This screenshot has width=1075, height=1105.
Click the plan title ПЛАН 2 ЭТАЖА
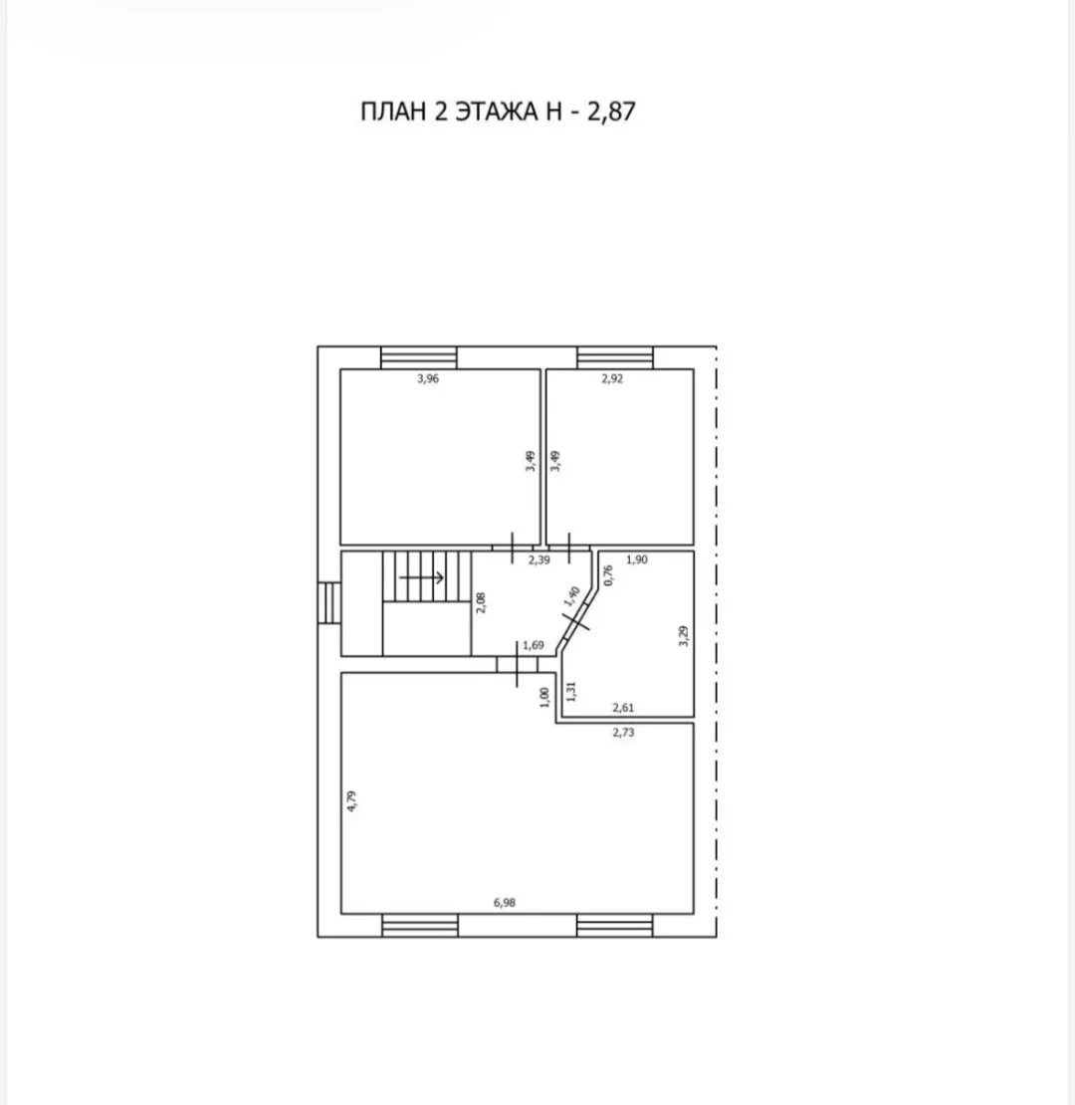pyautogui.click(x=450, y=111)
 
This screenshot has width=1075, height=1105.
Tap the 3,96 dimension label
pyautogui.click(x=428, y=378)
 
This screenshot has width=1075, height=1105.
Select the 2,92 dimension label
pyautogui.click(x=612, y=378)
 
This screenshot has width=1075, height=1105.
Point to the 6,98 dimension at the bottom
pyautogui.click(x=505, y=902)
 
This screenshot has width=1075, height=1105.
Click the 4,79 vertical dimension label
pyautogui.click(x=352, y=801)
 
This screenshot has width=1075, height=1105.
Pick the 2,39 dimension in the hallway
pyautogui.click(x=538, y=560)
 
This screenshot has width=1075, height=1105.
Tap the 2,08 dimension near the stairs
pyautogui.click(x=481, y=602)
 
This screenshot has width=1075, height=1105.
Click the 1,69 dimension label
pyautogui.click(x=534, y=645)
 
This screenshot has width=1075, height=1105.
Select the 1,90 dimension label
pyautogui.click(x=636, y=559)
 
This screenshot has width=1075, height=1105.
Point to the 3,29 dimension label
pyautogui.click(x=684, y=636)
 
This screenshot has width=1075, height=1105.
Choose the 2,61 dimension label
pyautogui.click(x=623, y=708)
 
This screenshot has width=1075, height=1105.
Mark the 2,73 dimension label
pyautogui.click(x=623, y=733)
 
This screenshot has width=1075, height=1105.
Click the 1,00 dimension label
pyautogui.click(x=543, y=698)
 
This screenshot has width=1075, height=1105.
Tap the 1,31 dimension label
pyautogui.click(x=571, y=691)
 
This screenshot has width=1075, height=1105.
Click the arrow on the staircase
pyautogui.click(x=422, y=577)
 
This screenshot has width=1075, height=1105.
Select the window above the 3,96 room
pyautogui.click(x=418, y=357)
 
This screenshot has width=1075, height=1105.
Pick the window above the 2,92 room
pyautogui.click(x=615, y=357)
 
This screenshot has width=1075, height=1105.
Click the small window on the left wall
pyautogui.click(x=329, y=602)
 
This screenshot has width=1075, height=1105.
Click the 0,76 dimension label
pyautogui.click(x=608, y=575)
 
